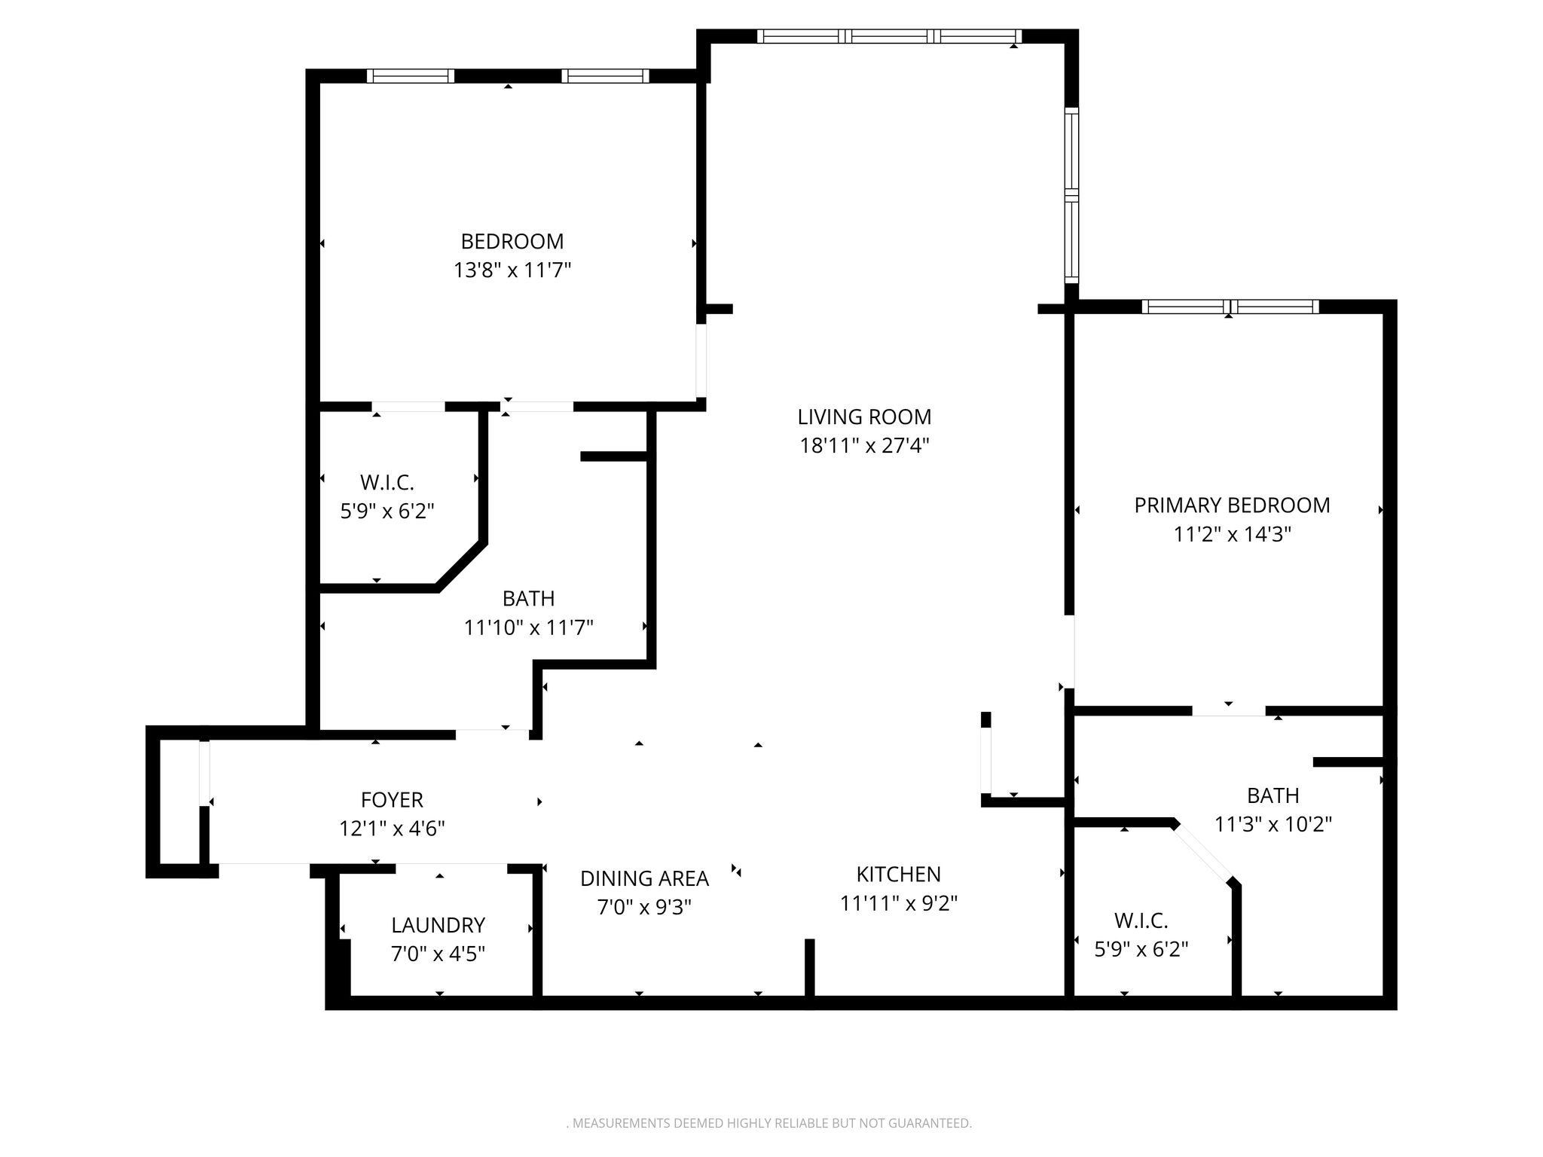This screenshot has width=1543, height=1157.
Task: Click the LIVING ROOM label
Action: (x=864, y=417)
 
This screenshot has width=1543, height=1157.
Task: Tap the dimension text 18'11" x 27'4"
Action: (x=864, y=446)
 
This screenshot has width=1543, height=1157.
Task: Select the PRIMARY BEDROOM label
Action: (x=1232, y=505)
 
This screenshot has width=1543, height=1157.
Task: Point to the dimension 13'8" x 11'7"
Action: (x=512, y=270)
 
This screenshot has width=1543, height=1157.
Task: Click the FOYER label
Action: (x=392, y=799)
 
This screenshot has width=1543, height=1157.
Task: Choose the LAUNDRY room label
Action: (x=438, y=925)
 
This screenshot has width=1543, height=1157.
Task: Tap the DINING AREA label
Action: (x=644, y=878)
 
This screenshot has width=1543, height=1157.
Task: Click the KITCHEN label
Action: (x=898, y=874)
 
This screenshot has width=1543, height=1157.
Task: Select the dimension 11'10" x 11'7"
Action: (x=529, y=627)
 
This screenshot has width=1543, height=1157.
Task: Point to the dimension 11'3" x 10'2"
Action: (x=1273, y=824)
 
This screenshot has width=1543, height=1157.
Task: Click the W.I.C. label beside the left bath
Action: (x=387, y=482)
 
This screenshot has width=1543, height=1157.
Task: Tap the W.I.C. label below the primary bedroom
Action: (x=1141, y=920)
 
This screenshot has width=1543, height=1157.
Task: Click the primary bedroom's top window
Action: (x=1230, y=307)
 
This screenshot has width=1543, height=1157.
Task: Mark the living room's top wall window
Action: (x=889, y=36)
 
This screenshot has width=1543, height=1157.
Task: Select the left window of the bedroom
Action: (x=411, y=75)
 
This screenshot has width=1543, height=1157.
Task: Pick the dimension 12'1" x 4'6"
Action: (x=392, y=829)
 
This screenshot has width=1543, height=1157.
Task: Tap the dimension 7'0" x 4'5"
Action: (x=438, y=954)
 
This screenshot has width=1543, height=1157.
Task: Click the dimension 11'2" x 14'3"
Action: (x=1233, y=534)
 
